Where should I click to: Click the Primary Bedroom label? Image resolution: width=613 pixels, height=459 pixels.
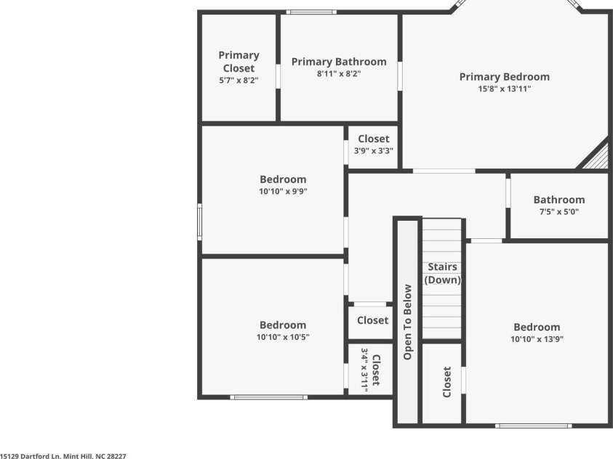point(504,77)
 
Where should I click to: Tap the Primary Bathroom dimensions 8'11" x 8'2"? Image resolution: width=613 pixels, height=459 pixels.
point(339,74)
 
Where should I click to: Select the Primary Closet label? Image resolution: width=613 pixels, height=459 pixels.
point(239,62)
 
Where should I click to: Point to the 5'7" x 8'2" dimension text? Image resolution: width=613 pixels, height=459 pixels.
point(239,81)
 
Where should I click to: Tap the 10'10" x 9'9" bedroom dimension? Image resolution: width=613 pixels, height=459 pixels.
point(283,192)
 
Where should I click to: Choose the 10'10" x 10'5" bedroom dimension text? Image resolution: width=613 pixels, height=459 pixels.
point(283,338)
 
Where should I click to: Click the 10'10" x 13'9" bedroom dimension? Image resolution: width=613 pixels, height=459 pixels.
point(537,339)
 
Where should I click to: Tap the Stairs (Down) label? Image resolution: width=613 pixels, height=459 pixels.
point(442,273)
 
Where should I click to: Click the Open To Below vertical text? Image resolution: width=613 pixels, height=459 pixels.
point(407,321)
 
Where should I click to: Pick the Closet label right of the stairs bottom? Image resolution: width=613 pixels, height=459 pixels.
point(446,382)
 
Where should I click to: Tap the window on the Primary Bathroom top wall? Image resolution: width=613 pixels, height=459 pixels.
point(310,12)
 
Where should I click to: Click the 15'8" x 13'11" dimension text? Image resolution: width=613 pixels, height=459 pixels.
point(504,89)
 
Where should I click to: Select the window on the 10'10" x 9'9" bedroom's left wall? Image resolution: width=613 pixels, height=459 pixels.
point(200,222)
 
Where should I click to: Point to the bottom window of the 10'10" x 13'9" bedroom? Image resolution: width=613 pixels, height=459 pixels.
point(533,426)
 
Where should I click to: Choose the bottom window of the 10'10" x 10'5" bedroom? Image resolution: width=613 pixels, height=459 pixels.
point(268,397)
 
